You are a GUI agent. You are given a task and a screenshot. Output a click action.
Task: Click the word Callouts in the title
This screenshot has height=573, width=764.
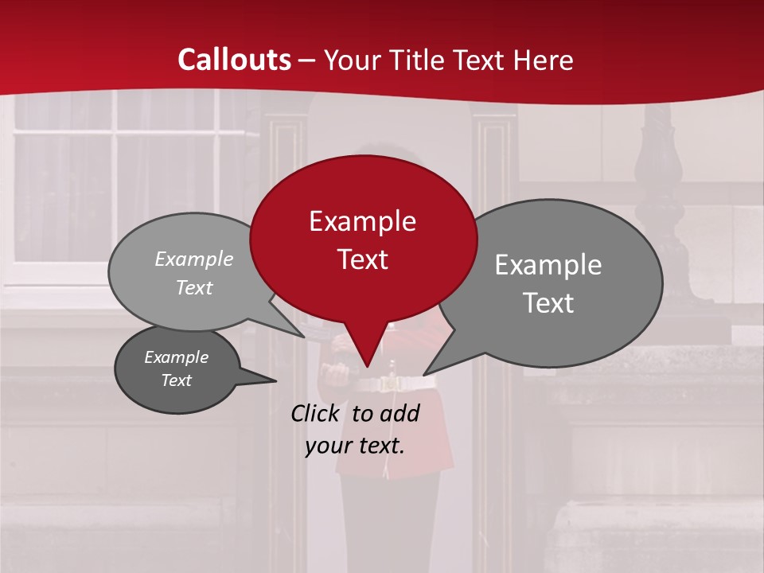234,60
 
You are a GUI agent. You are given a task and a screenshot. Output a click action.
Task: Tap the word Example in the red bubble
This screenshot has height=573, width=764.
362,221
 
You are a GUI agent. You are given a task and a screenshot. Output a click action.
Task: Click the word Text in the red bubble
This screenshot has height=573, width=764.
362,259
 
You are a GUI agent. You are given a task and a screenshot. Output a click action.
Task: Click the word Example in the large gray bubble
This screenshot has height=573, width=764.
548,265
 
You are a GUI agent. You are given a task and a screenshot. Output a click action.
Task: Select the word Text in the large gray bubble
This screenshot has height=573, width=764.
548,303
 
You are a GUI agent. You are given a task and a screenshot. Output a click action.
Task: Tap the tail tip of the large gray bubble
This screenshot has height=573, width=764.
425,373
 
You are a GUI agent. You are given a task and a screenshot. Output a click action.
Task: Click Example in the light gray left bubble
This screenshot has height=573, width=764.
194,259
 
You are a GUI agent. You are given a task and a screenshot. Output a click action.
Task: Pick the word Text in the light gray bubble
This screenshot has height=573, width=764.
194,288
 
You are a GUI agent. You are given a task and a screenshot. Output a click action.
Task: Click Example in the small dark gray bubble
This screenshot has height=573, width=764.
176,357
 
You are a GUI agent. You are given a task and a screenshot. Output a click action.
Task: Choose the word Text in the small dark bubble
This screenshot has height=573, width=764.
176,380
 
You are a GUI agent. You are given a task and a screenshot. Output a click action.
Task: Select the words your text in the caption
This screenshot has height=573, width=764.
355,446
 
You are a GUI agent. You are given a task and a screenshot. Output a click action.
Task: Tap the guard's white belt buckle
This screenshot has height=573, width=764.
391,384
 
